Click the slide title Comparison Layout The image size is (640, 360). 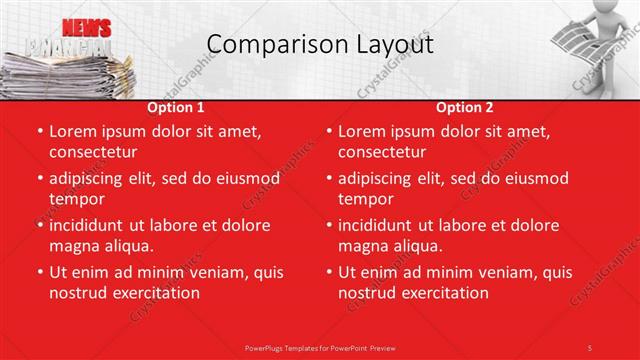point(320,45)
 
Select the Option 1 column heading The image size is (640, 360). point(176,107)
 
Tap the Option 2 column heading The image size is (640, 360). point(464,107)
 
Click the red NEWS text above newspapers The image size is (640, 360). point(86,28)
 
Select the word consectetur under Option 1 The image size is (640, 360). point(92,153)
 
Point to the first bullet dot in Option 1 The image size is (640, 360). point(39,131)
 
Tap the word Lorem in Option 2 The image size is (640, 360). point(362,131)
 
